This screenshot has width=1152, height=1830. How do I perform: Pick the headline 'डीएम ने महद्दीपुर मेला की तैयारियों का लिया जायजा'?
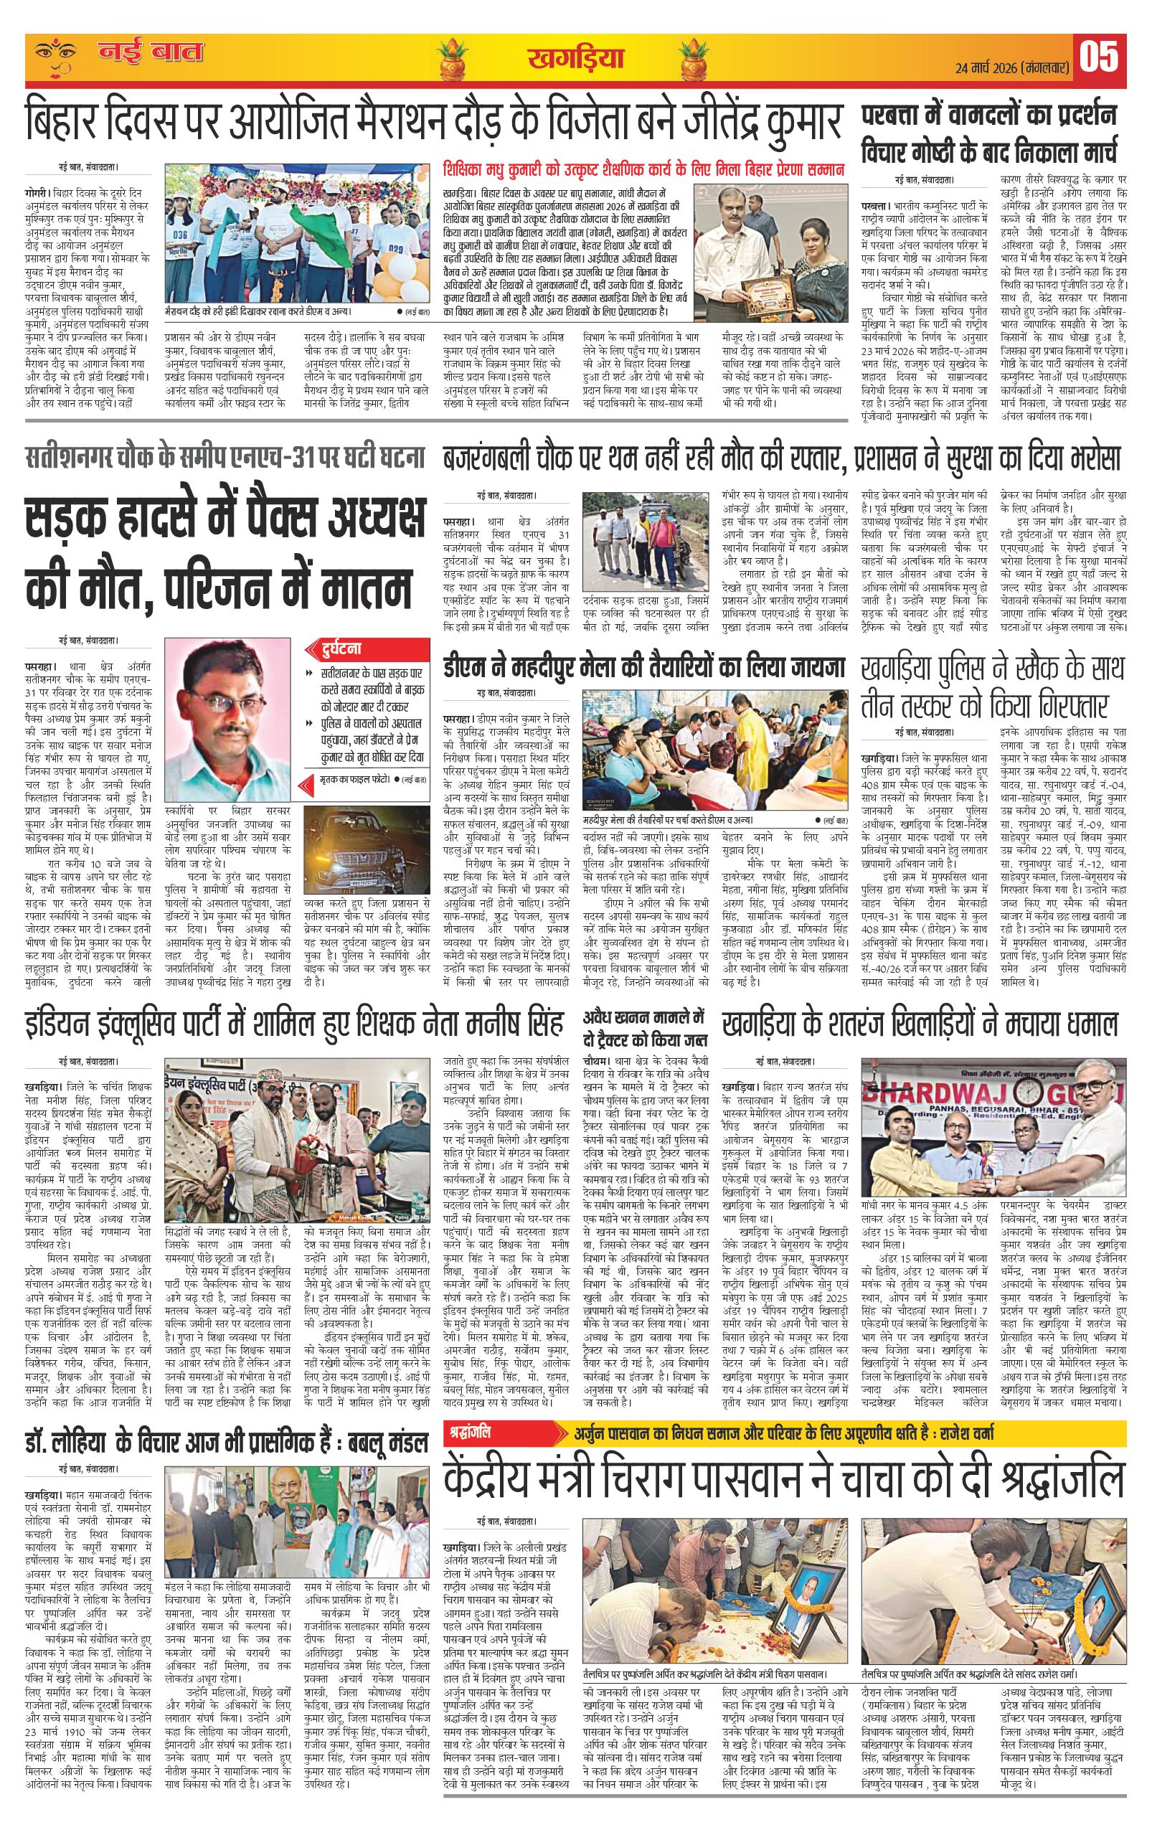point(645,668)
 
